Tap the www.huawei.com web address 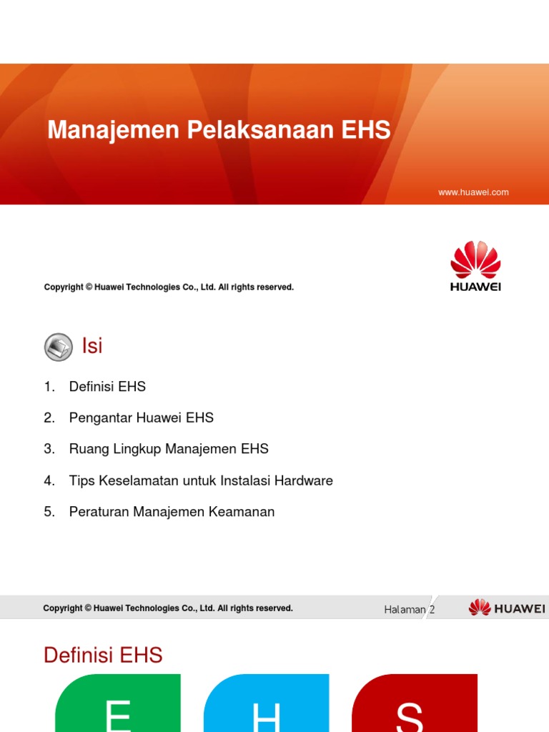(x=474, y=192)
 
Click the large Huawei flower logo (x=475, y=261)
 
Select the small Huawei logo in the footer (x=507, y=608)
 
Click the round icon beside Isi (x=58, y=347)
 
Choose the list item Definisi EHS (x=107, y=387)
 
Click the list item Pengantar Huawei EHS (x=141, y=417)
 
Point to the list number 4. (x=49, y=480)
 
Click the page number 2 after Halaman (x=432, y=610)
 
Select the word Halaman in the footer (x=405, y=610)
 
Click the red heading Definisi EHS (x=103, y=655)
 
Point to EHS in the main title (x=365, y=130)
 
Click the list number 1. (x=49, y=387)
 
